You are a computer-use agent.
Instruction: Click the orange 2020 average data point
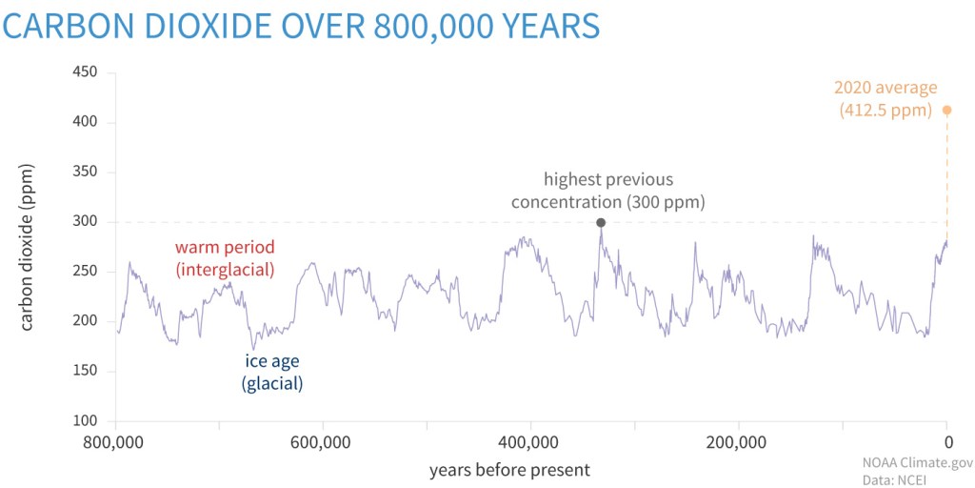pos(946,110)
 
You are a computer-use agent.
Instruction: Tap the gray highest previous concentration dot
pos(601,222)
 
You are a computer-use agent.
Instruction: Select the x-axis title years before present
pos(509,469)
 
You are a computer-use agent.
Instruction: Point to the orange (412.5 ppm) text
pos(885,111)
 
